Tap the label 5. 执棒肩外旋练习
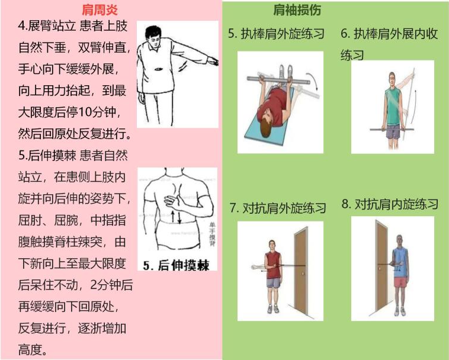pos(277,34)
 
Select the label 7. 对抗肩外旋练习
pos(278,208)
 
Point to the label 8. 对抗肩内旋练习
pos(390,205)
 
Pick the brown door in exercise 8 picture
pos(380,266)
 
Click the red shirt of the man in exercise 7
pos(273,261)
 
